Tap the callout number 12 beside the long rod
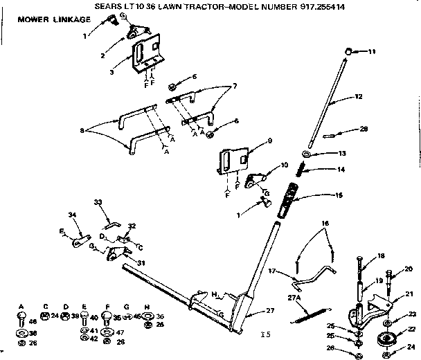(359, 97)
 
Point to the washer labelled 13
(305, 153)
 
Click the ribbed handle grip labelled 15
(292, 201)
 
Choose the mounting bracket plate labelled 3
(148, 58)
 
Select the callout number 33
(98, 202)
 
